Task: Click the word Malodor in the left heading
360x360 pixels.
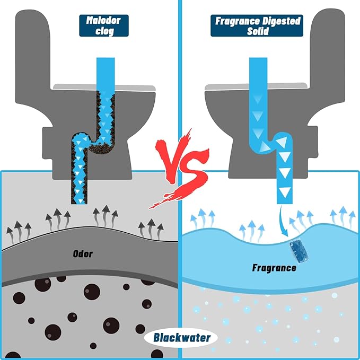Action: [103, 21]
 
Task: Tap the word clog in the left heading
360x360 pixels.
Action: [104, 31]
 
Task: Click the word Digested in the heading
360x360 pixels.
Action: [281, 21]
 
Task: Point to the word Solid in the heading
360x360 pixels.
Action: [258, 31]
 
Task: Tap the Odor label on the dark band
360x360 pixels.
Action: [83, 254]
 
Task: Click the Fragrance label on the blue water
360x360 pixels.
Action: [274, 268]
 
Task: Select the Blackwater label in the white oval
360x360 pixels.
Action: [182, 338]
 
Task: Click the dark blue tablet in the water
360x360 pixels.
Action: [298, 251]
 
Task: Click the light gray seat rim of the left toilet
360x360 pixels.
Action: [104, 87]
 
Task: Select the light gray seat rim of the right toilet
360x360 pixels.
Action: [256, 86]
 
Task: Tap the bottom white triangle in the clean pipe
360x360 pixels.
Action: [285, 191]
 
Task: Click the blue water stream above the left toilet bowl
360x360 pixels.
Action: [106, 74]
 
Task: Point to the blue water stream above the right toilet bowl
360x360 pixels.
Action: [258, 74]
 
